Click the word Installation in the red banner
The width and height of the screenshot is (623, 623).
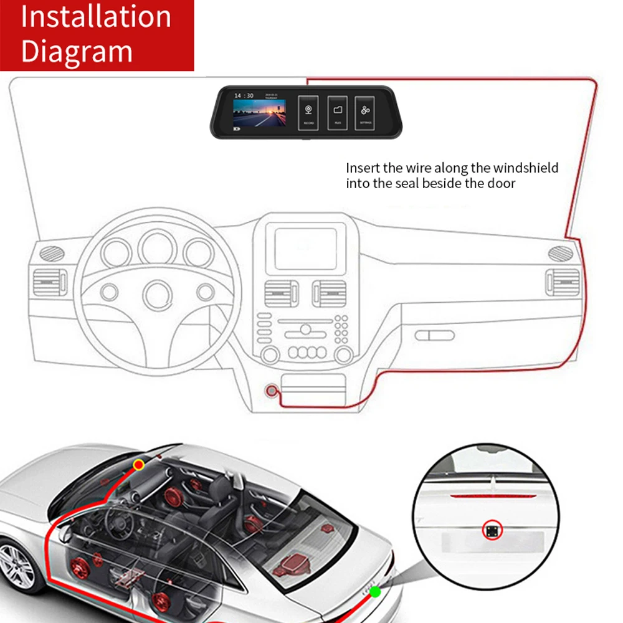tap(96, 17)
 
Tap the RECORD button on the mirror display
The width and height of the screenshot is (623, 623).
tap(308, 112)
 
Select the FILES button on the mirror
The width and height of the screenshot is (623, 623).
tap(337, 112)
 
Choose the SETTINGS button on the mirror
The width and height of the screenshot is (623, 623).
tap(365, 112)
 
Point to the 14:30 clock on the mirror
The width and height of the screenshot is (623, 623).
tap(243, 96)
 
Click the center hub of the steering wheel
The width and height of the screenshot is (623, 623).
tap(157, 293)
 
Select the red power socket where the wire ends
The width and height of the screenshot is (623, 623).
tap(271, 391)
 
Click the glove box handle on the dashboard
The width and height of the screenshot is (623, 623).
tap(434, 335)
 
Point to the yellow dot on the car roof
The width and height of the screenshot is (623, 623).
tap(138, 465)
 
